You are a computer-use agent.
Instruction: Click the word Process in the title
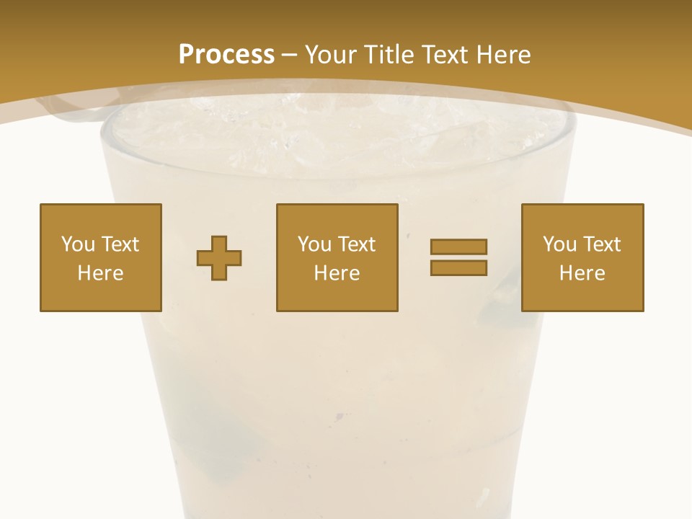click(226, 55)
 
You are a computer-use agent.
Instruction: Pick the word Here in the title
click(504, 55)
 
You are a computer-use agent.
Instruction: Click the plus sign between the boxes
click(219, 257)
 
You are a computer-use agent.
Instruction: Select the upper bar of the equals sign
click(458, 247)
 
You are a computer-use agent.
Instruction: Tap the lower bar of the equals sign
click(458, 267)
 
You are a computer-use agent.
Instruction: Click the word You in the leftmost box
click(78, 244)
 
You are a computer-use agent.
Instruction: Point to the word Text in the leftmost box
click(119, 244)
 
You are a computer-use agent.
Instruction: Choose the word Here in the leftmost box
click(101, 273)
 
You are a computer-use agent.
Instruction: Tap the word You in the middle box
click(314, 244)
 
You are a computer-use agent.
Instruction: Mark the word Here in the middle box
click(337, 273)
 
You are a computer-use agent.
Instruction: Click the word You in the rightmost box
click(559, 244)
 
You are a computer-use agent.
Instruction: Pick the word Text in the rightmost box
click(600, 244)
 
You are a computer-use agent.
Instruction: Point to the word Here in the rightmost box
click(582, 273)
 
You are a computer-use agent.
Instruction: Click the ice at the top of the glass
click(339, 130)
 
